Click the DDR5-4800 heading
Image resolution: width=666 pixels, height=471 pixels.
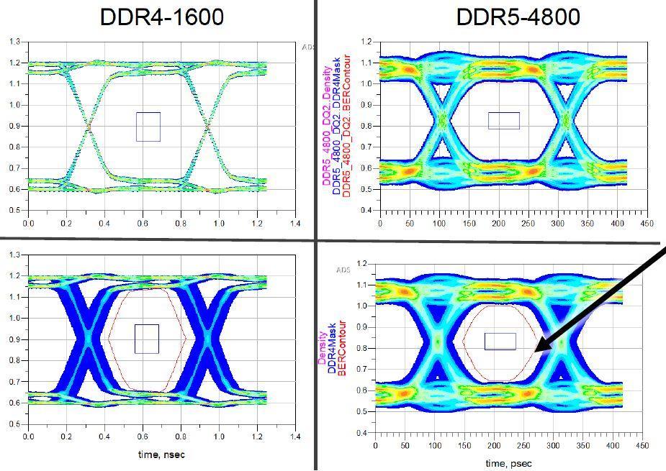tap(518, 17)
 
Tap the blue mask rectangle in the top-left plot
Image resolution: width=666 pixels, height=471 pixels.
tap(148, 127)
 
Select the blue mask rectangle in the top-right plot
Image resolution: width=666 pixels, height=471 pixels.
tap(503, 121)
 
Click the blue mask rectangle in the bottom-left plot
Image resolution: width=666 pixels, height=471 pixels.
tap(147, 339)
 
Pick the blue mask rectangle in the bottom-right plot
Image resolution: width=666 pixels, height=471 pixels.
tap(500, 341)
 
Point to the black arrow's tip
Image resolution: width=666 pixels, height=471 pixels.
tap(537, 351)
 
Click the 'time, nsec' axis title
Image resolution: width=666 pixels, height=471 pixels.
tap(161, 456)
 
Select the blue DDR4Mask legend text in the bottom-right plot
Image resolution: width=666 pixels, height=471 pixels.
tap(332, 347)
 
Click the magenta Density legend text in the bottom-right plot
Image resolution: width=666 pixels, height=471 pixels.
tap(322, 347)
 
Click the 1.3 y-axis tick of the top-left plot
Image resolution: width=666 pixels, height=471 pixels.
tap(14, 42)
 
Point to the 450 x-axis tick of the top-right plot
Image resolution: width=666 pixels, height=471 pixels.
tap(647, 224)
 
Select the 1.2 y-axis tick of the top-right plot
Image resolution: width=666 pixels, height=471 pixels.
tap(368, 42)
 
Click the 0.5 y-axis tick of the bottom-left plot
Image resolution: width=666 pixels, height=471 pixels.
tap(14, 424)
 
